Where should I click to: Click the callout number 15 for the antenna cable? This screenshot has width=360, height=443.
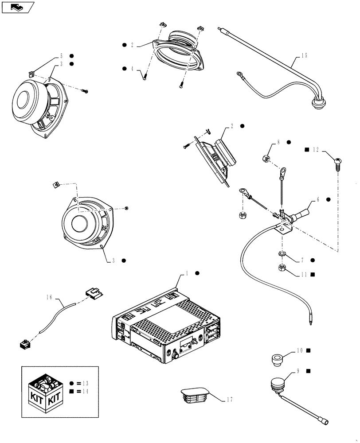pos(304,56)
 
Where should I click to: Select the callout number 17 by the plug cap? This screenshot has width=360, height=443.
pos(229,399)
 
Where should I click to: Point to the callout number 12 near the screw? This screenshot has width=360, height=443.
pos(315,150)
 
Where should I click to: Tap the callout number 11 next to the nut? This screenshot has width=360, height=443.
pos(304,275)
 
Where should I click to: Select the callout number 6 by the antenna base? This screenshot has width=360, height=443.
pos(318,200)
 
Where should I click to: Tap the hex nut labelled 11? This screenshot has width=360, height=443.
pos(282,268)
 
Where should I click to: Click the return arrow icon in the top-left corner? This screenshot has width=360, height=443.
pos(17,7)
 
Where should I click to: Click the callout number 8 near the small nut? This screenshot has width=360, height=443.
pos(278,143)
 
